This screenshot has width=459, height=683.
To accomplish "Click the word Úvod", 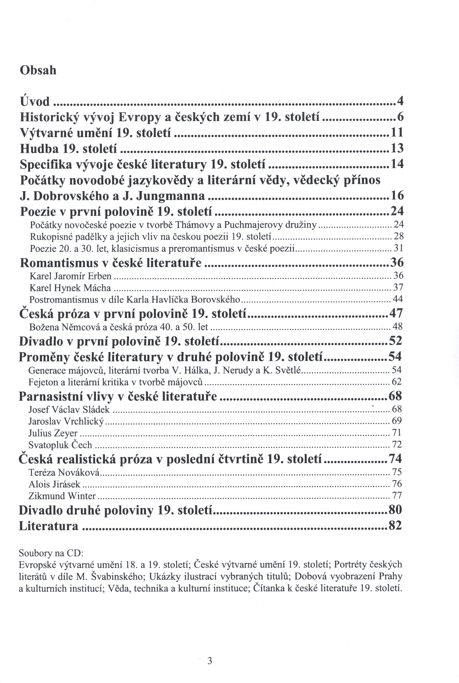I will tap(35, 102).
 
